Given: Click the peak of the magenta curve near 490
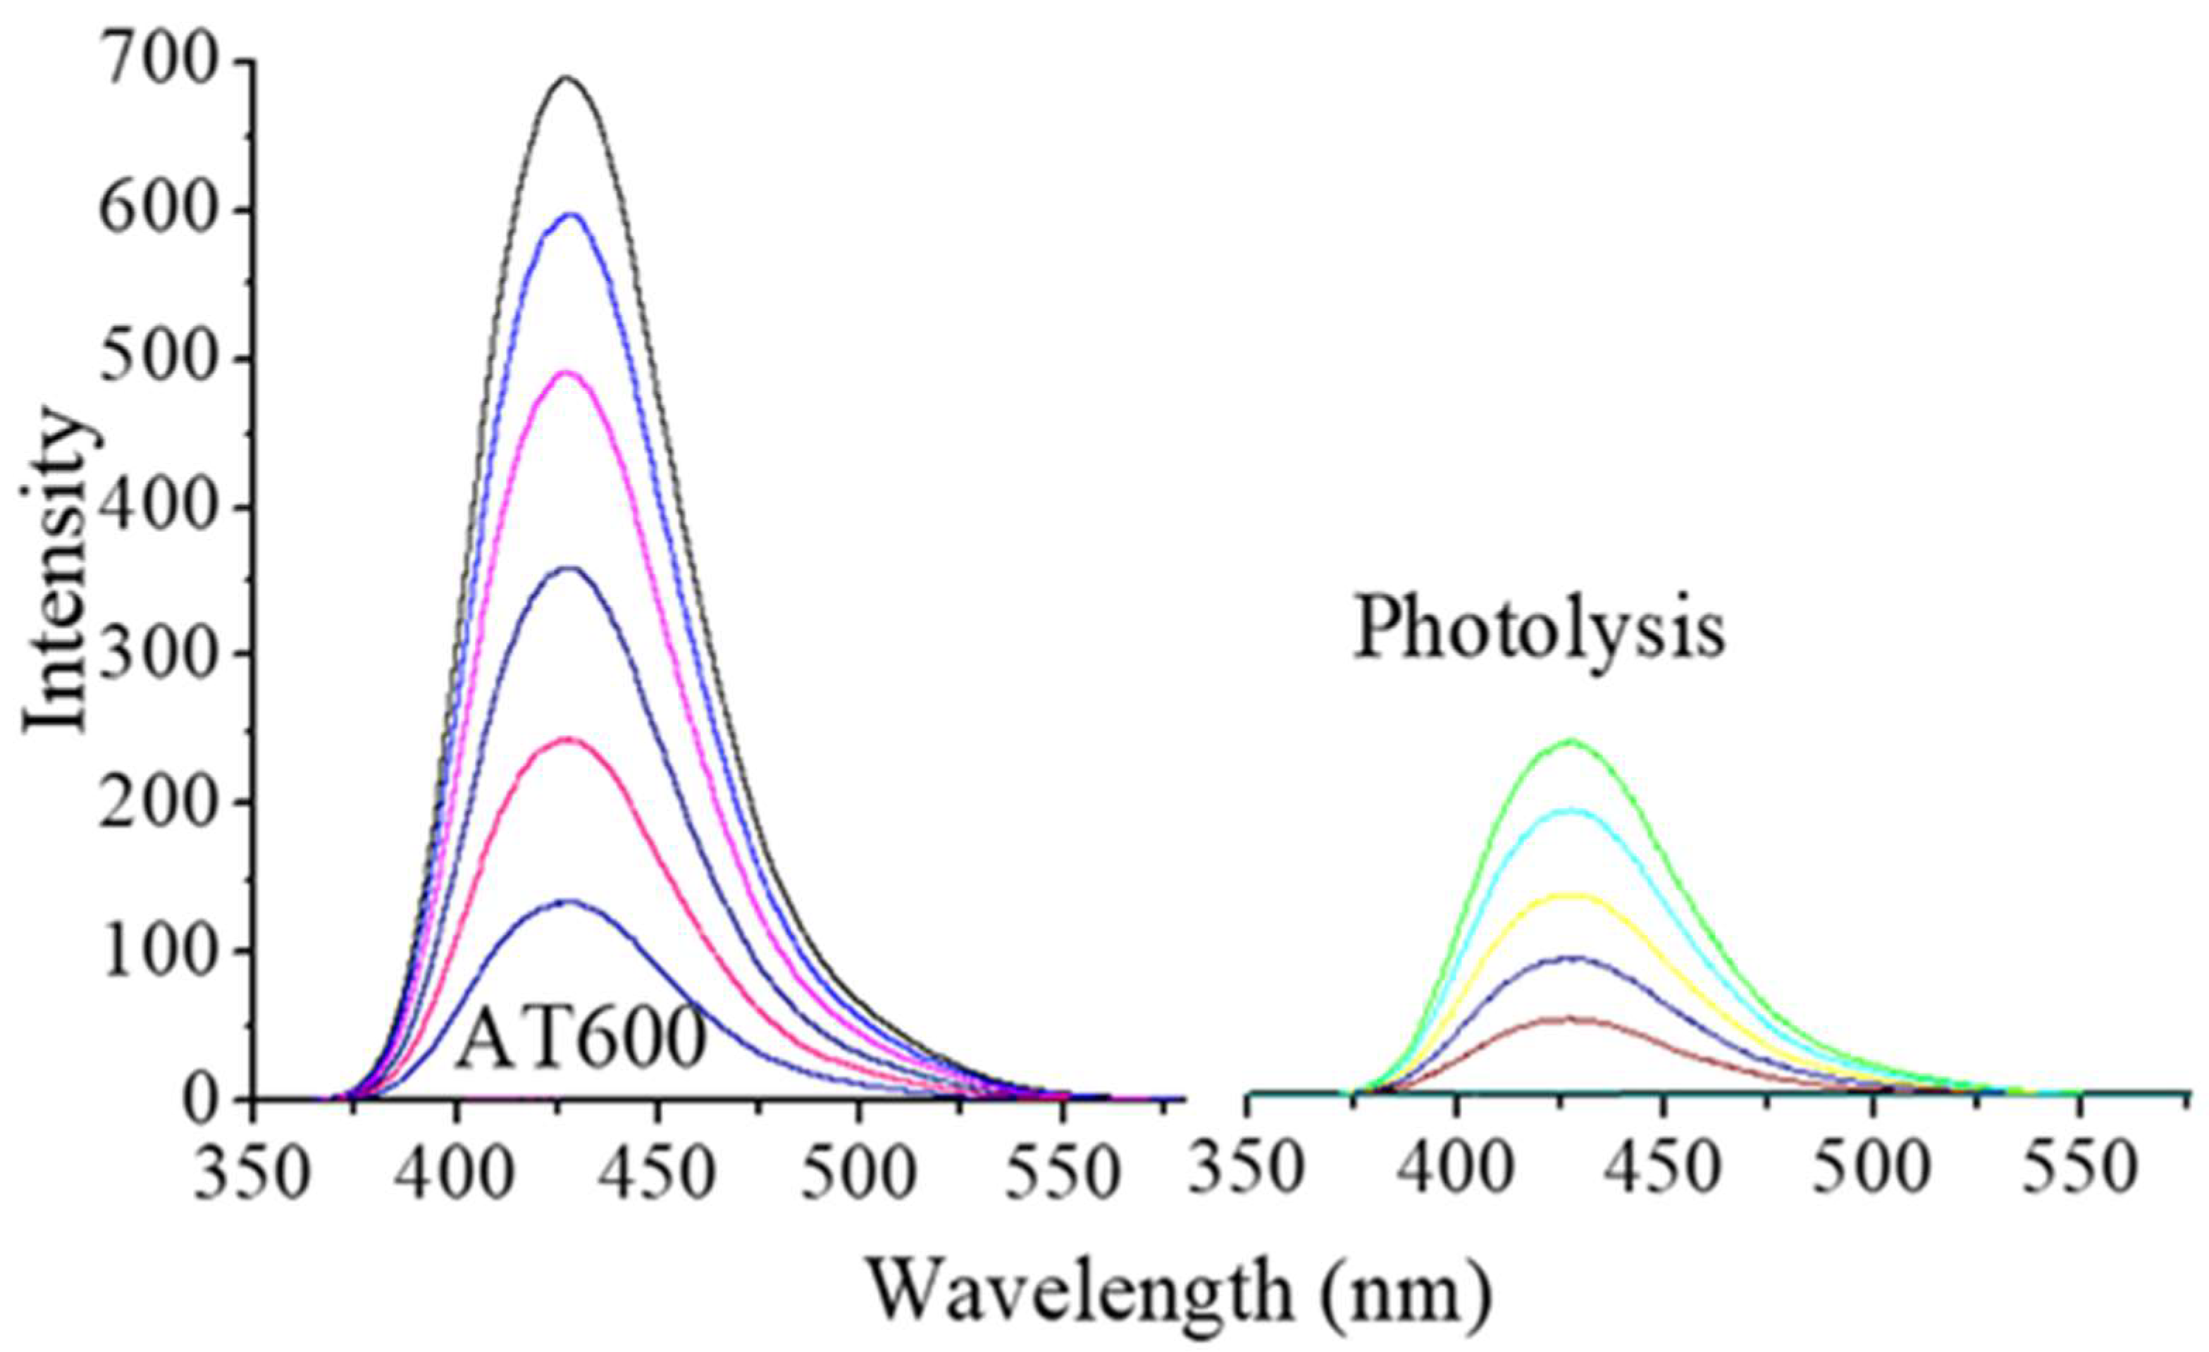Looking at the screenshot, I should click(x=567, y=372).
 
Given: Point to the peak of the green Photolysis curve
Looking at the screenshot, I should click(x=1571, y=740).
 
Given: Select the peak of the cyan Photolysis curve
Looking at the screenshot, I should click(x=1571, y=810).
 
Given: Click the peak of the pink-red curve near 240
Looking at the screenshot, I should click(x=567, y=740).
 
